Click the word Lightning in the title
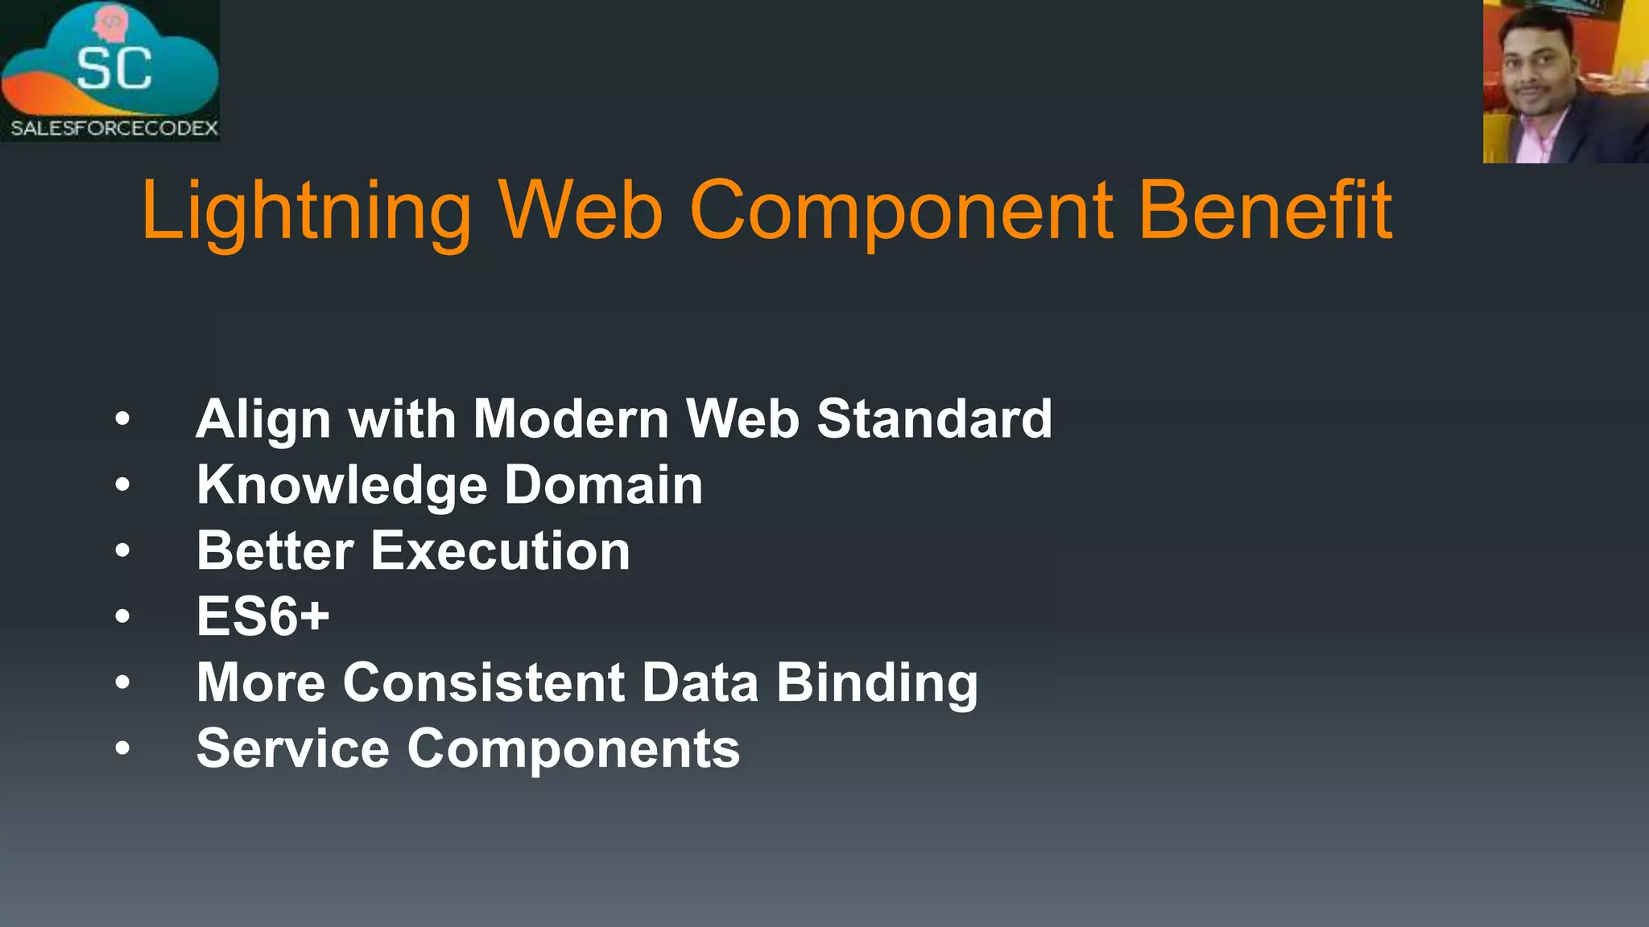pyautogui.click(x=306, y=211)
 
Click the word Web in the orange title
pyautogui.click(x=581, y=211)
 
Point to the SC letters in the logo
pyautogui.click(x=114, y=68)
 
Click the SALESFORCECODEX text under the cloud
pyautogui.click(x=114, y=128)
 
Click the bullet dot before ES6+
pyautogui.click(x=122, y=616)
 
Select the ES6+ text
pyautogui.click(x=262, y=616)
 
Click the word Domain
pyautogui.click(x=604, y=485)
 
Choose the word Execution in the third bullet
pyautogui.click(x=500, y=551)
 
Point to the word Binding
pyautogui.click(x=877, y=683)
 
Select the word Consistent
pyautogui.click(x=483, y=682)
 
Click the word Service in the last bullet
pyautogui.click(x=293, y=748)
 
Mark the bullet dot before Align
pyautogui.click(x=122, y=418)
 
